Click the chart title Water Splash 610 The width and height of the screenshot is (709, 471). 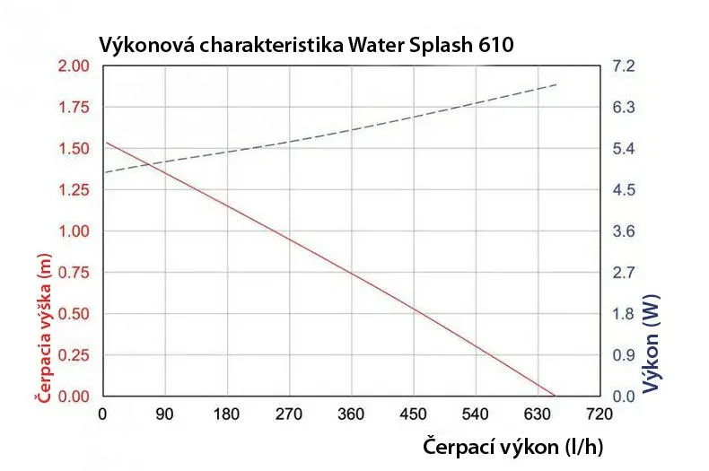(305, 45)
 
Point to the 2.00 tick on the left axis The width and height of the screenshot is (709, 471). (74, 66)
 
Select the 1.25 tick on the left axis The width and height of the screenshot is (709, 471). (74, 190)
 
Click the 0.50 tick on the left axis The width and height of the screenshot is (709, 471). (74, 314)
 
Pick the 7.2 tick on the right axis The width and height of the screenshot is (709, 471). (624, 66)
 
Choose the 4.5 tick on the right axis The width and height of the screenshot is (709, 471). (624, 190)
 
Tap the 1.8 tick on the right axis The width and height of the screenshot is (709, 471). (624, 314)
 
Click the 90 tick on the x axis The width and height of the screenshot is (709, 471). (164, 414)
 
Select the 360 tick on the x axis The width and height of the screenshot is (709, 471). (351, 414)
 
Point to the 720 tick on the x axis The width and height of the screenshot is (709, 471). (599, 414)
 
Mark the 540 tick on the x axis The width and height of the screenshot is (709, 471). (475, 414)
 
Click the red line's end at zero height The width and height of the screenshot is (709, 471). (555, 396)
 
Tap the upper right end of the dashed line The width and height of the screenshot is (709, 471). (557, 83)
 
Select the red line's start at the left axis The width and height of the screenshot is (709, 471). (106, 143)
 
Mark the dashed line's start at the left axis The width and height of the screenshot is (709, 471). (103, 172)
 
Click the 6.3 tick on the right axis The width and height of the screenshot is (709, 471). (624, 108)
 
